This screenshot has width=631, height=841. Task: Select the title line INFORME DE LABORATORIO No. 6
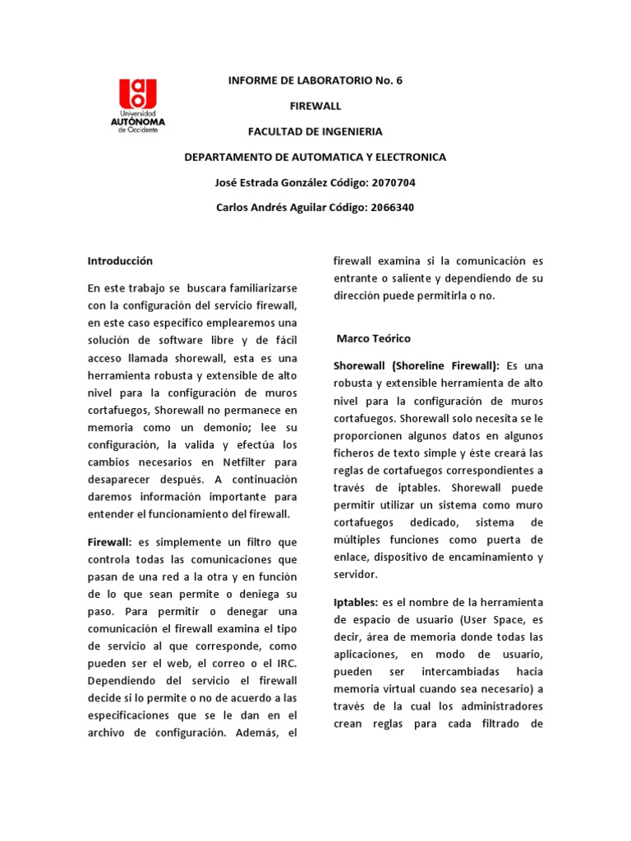(x=315, y=80)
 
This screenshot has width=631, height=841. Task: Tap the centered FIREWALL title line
(x=315, y=106)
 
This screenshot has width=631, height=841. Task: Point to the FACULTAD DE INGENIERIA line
(x=315, y=131)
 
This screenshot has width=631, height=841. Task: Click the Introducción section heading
(x=120, y=260)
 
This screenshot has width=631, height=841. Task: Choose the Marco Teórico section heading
(x=374, y=338)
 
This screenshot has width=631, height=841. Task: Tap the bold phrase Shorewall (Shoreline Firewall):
(x=417, y=365)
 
